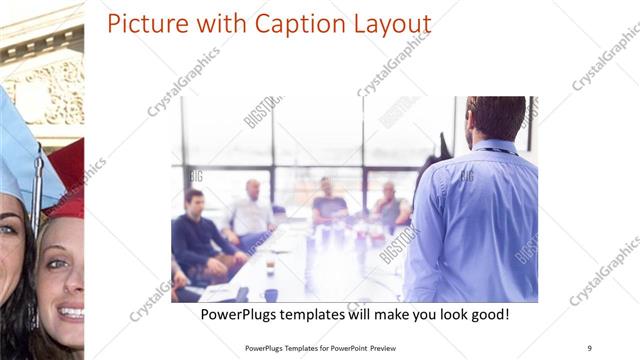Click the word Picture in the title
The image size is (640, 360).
tap(143, 24)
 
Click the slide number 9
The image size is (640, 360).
tap(589, 347)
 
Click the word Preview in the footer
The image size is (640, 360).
tap(391, 347)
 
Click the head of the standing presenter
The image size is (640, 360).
tap(495, 118)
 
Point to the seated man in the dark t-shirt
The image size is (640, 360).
tap(328, 204)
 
